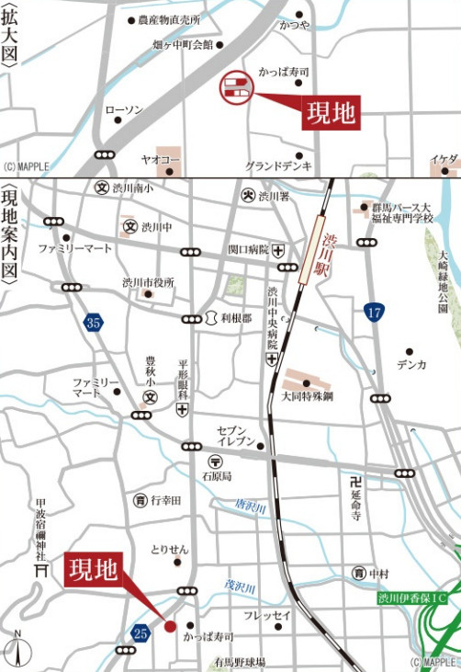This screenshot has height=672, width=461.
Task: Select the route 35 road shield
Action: click(93, 322)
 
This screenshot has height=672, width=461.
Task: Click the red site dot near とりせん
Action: click(170, 626)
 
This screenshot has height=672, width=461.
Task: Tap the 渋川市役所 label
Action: click(148, 282)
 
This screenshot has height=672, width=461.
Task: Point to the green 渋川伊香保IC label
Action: click(412, 598)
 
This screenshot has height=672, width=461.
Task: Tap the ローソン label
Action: click(124, 110)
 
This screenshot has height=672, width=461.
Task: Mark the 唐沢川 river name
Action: click(250, 506)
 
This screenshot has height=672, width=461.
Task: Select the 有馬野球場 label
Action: click(240, 662)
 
